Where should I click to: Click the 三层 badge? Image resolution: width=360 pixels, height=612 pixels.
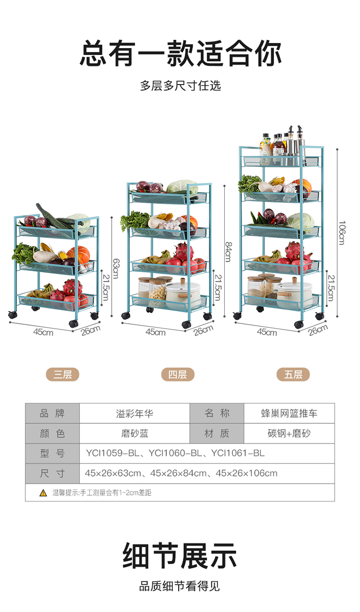pos(62,375)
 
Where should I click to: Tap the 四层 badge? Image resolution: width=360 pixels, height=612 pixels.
pos(178,375)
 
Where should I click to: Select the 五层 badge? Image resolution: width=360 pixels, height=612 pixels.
pos(293,375)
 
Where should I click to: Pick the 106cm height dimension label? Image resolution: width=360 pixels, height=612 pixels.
pos(341,233)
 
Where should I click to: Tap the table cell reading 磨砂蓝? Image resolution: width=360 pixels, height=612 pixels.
pos(134,433)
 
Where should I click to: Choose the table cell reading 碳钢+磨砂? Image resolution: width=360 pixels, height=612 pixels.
pos(289,433)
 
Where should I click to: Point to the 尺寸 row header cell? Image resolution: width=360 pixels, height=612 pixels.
pos(52,473)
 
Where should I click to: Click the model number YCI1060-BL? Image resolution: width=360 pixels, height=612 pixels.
pos(175,453)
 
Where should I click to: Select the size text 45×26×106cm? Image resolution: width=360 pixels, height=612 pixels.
pos(247,473)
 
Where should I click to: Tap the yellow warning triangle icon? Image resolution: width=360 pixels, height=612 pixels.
pos(43,492)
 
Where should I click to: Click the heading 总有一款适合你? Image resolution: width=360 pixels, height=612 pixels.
pos(180,53)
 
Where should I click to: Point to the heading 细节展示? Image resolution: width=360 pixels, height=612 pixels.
pos(180,556)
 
